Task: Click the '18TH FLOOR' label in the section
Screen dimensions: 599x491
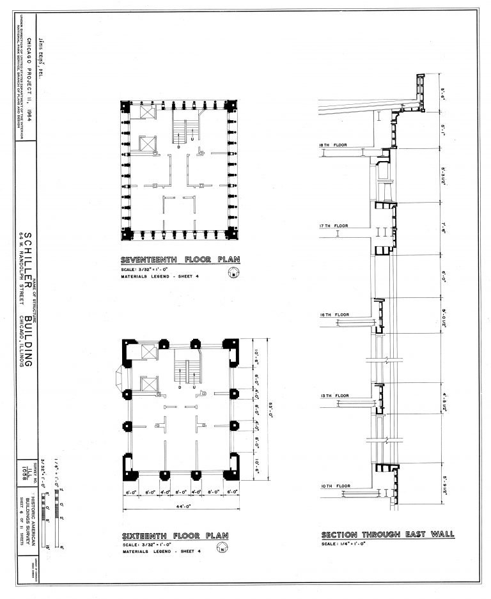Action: tap(333, 146)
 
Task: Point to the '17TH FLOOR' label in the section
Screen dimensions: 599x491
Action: tap(333, 226)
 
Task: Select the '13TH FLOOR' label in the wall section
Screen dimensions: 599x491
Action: tap(333, 396)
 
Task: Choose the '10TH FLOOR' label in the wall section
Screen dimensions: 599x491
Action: tap(333, 486)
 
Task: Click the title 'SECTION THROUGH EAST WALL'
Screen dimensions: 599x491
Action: tap(387, 534)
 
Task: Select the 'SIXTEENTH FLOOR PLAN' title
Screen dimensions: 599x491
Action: tap(175, 536)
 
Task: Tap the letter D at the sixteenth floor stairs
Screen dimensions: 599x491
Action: tap(180, 387)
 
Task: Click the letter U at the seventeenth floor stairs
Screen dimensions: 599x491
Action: tap(192, 139)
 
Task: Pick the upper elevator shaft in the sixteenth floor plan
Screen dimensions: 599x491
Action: tap(148, 351)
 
